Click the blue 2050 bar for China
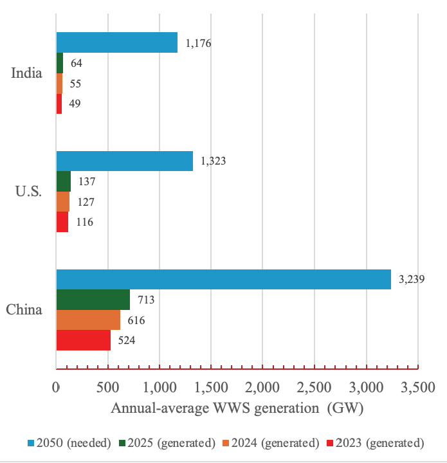pyautogui.click(x=223, y=280)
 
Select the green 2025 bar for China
pyautogui.click(x=93, y=300)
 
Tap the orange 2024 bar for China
pyautogui.click(x=88, y=320)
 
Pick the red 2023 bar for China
pyautogui.click(x=84, y=340)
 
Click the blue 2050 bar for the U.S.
pyautogui.click(x=125, y=161)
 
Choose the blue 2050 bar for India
pyautogui.click(x=117, y=43)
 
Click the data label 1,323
pyautogui.click(x=214, y=161)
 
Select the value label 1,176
pyautogui.click(x=198, y=44)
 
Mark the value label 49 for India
pyautogui.click(x=75, y=104)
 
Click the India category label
pyautogui.click(x=27, y=73)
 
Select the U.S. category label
pyautogui.click(x=27, y=192)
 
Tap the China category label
pyautogui.click(x=24, y=310)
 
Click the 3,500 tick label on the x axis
pyautogui.click(x=418, y=388)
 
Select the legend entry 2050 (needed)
pyautogui.click(x=62, y=442)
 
